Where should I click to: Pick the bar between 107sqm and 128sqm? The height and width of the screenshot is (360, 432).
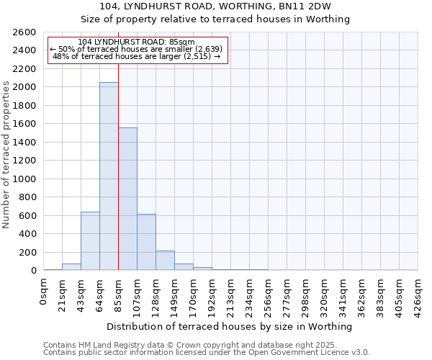tap(146, 242)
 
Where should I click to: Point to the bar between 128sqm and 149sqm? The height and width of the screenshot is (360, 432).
tap(165, 261)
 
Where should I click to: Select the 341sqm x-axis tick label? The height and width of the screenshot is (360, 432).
tap(343, 294)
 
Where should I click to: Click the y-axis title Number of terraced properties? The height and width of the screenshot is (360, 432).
tap(7, 155)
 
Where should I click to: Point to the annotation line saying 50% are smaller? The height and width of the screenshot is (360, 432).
tap(136, 49)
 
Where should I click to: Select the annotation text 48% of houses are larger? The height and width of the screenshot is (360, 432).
tap(136, 56)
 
